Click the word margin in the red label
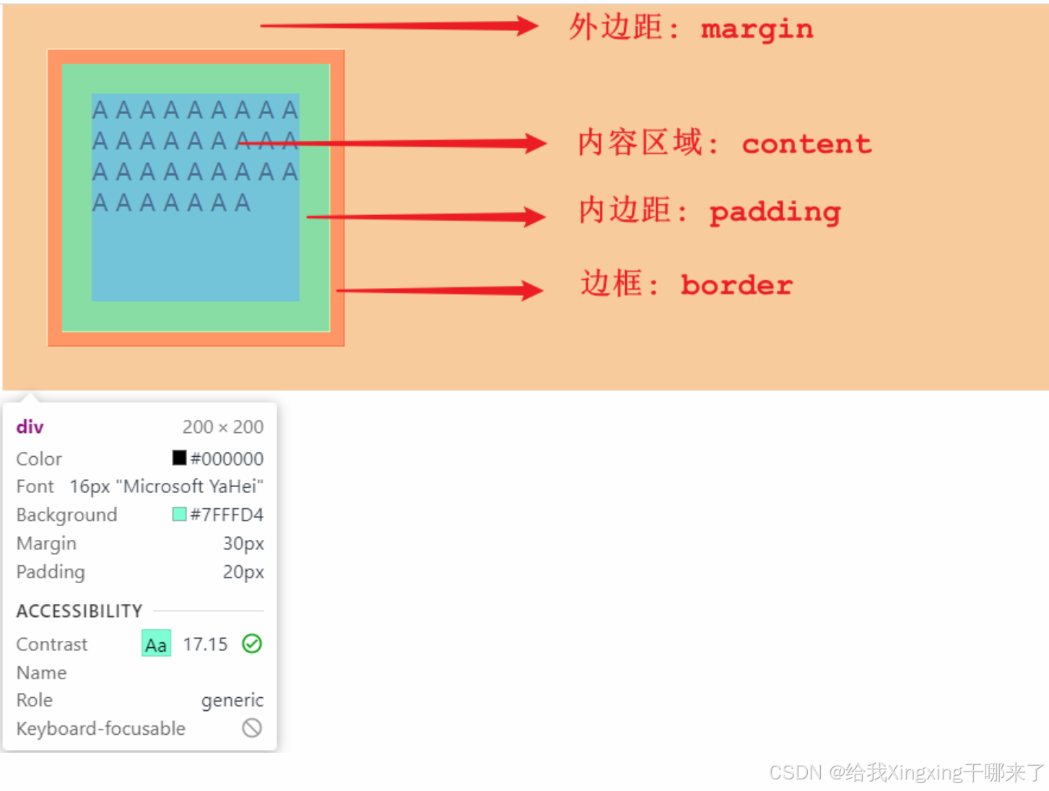(x=757, y=29)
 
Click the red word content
(x=806, y=144)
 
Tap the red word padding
(x=775, y=212)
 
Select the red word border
(x=736, y=285)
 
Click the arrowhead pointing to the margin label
(x=526, y=27)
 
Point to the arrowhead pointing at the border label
(x=531, y=291)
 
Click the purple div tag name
(x=30, y=427)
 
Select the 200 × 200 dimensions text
(x=222, y=427)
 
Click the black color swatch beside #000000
(x=179, y=458)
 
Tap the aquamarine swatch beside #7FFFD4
(x=179, y=514)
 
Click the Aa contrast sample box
(x=156, y=644)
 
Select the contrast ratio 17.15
(x=205, y=644)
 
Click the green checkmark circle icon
(x=252, y=643)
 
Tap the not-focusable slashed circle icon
(x=252, y=727)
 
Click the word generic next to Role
(x=232, y=700)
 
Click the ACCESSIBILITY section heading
(x=79, y=611)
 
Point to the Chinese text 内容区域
(x=640, y=142)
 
